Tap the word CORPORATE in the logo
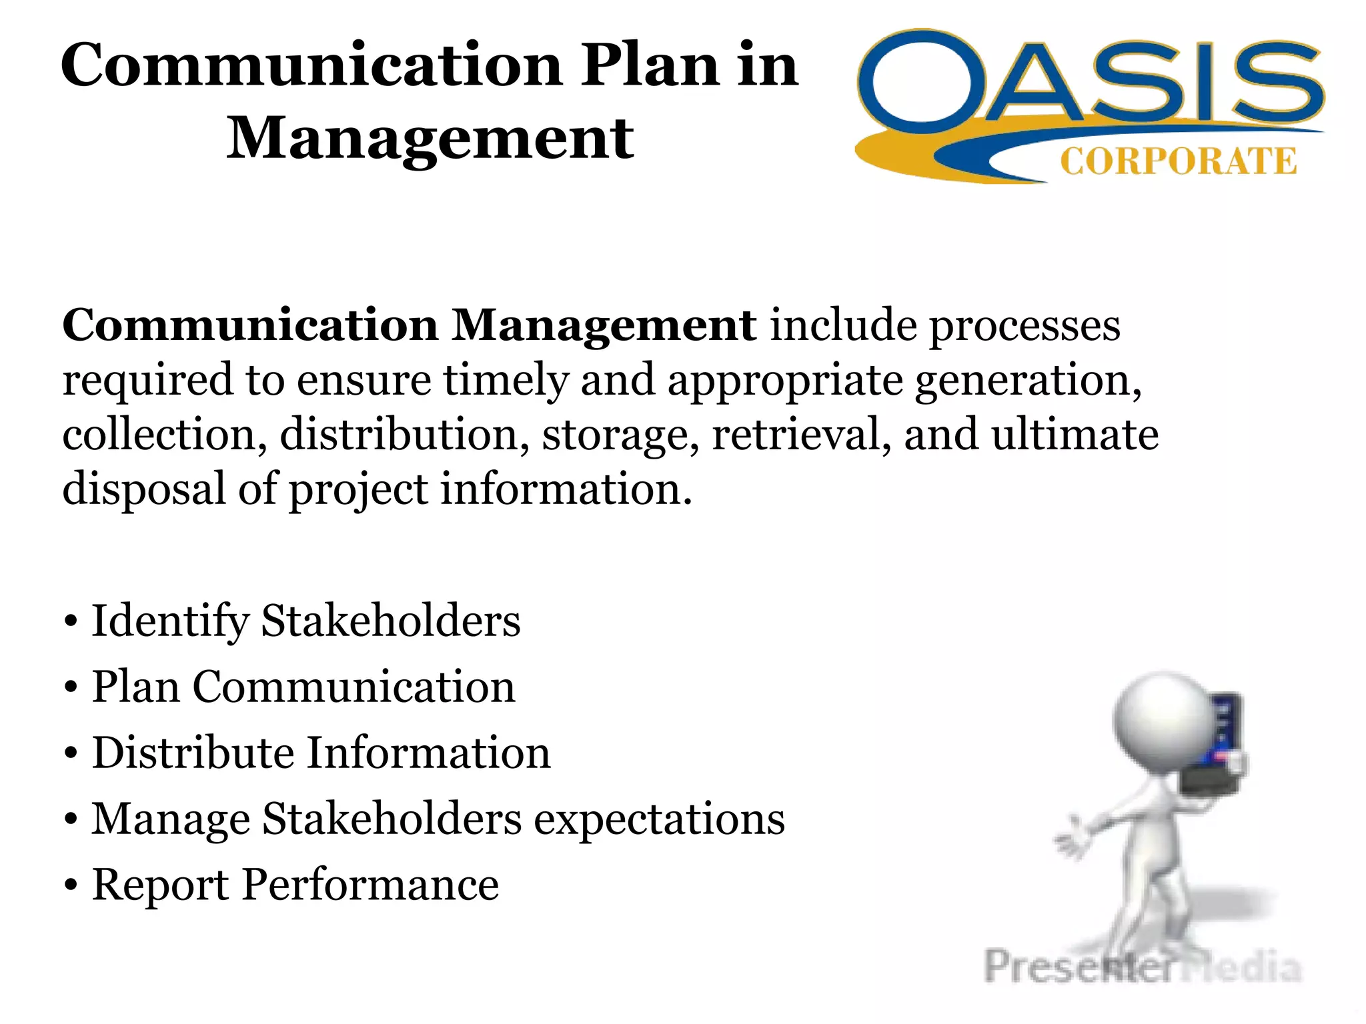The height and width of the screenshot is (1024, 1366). tap(1178, 162)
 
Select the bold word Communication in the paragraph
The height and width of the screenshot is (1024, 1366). tap(250, 326)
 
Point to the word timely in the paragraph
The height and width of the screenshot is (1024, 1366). tap(506, 381)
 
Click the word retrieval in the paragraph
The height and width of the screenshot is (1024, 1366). tap(801, 435)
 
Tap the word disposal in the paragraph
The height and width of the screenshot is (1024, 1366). tap(144, 489)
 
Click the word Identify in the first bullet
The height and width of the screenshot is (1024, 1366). tap(170, 622)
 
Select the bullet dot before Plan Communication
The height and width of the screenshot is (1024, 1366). tap(71, 687)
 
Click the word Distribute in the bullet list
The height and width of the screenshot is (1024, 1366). tap(193, 753)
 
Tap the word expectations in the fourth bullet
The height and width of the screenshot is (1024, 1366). tap(660, 819)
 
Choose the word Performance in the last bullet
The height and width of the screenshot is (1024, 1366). tap(370, 885)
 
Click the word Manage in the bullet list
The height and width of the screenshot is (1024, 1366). tap(170, 819)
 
